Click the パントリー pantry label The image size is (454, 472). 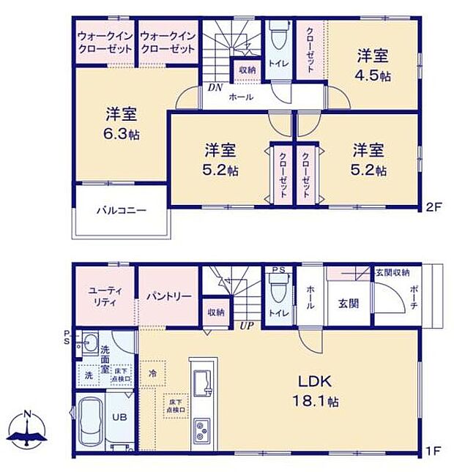(x=168, y=296)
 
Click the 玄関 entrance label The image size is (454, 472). (x=348, y=303)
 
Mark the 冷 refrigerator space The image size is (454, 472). (x=152, y=372)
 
